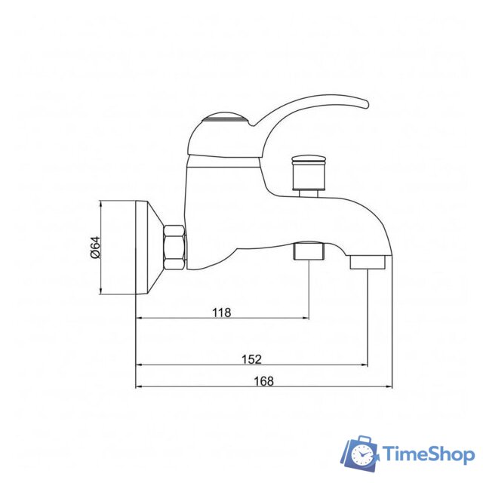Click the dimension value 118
[221, 312]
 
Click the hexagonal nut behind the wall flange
[174, 246]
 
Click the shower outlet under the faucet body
[308, 250]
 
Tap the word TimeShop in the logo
[428, 454]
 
